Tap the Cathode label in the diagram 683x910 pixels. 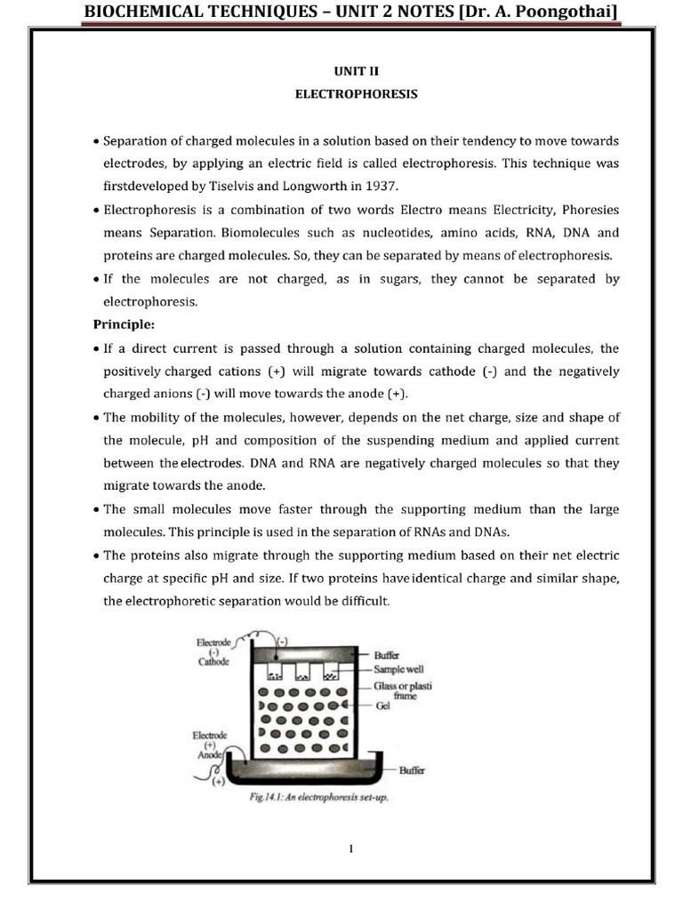214,661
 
